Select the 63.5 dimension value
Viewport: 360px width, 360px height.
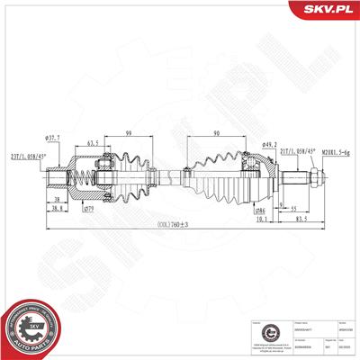click(93, 141)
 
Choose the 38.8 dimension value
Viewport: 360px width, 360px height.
click(57, 209)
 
